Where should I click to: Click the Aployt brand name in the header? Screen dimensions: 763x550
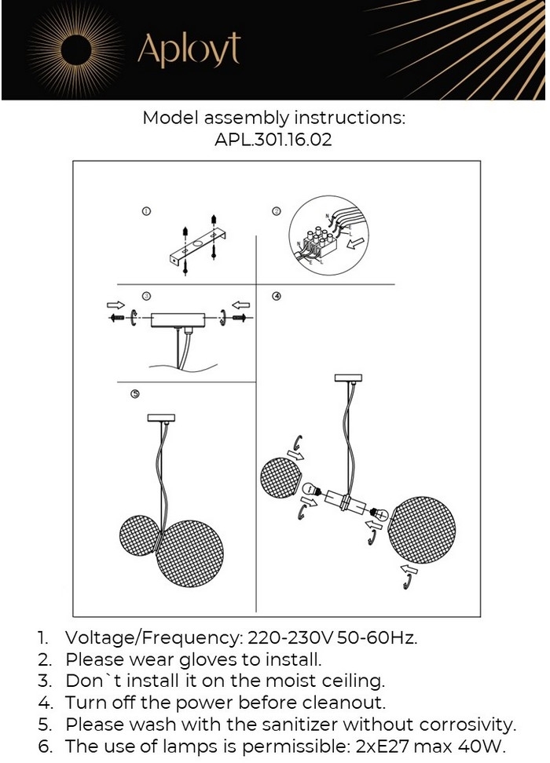tap(189, 49)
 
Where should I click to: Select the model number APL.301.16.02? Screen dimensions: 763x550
tap(273, 141)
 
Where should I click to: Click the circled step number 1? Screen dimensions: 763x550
tap(145, 212)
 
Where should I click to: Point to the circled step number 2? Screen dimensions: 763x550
tap(276, 211)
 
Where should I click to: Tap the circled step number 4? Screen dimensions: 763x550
tap(276, 297)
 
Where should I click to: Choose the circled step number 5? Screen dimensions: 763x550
tap(135, 393)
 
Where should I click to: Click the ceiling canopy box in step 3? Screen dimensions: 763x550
tap(178, 320)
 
